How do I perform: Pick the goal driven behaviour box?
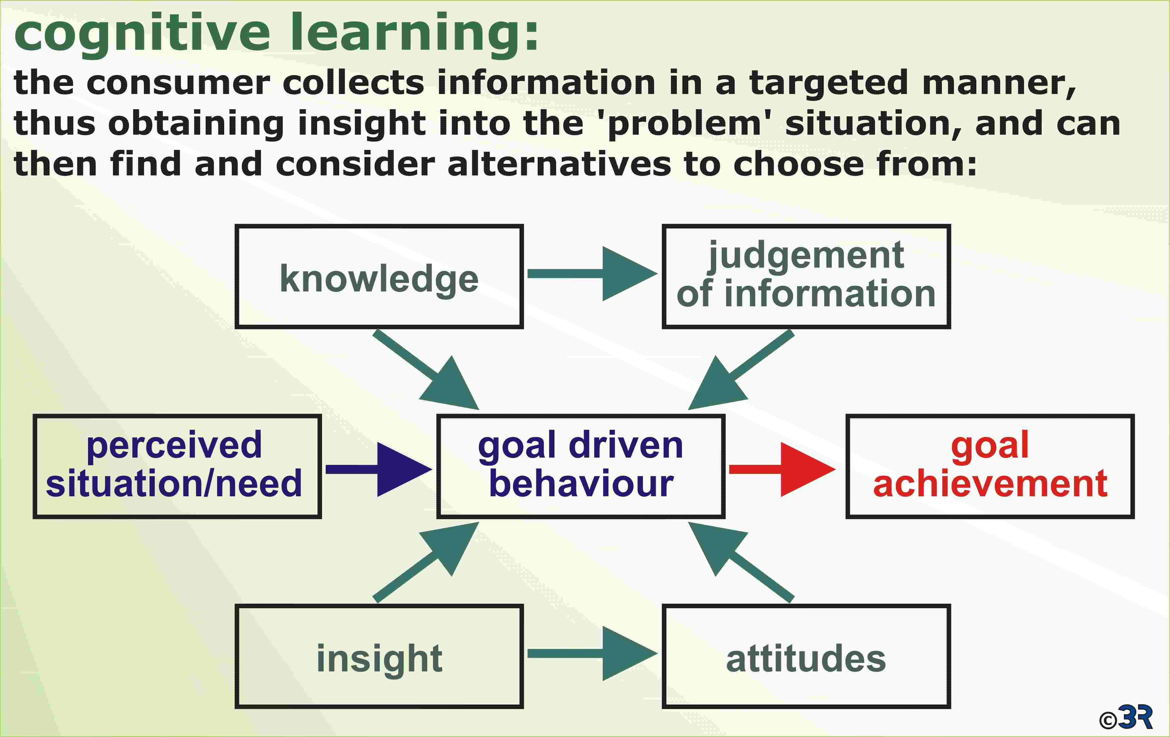[581, 466]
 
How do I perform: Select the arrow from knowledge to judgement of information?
[592, 274]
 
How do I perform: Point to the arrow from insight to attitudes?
[592, 653]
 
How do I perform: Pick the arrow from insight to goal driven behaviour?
[426, 563]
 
